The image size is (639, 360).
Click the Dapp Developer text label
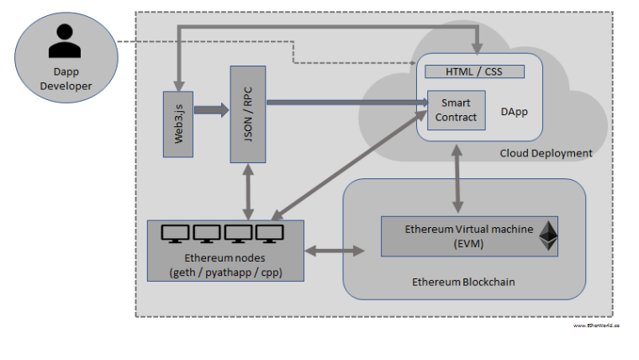61,79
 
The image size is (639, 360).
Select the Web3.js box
178,124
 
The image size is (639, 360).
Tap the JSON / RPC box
248,114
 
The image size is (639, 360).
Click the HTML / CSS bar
474,71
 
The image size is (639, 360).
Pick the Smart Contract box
456,110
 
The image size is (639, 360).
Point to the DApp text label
514,112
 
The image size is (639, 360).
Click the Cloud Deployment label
546,153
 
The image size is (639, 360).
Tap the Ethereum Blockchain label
463,282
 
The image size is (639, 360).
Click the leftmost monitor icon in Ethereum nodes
175,233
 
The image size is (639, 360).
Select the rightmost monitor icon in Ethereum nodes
269,233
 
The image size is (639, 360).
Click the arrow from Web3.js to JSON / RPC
212,109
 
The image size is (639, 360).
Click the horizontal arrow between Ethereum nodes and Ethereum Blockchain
335,251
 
